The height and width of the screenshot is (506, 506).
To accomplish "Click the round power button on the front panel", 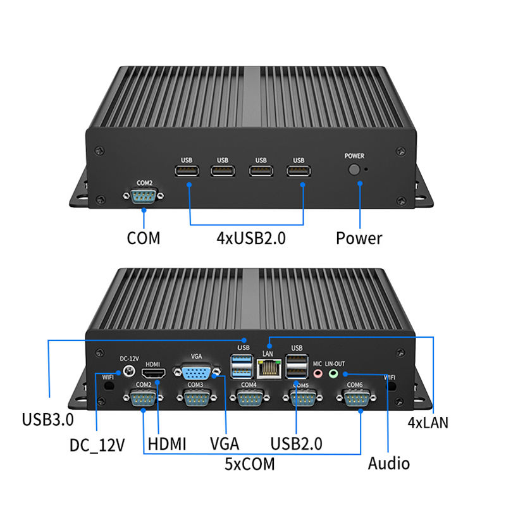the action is pos(354,170).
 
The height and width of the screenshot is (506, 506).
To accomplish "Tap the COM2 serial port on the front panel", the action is pos(144,195).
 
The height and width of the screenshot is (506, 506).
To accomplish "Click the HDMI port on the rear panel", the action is pos(154,373).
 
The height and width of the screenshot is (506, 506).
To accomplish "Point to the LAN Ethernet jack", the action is pos(268,368).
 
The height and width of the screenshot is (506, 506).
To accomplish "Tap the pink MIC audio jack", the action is pos(318,374).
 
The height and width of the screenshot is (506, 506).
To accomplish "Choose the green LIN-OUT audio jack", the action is pos(333,374).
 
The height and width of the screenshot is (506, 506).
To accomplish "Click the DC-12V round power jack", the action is pos(129,371).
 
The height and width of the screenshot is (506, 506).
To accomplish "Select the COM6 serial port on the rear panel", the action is pos(356,398).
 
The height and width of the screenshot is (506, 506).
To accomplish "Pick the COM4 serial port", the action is pos(249,398).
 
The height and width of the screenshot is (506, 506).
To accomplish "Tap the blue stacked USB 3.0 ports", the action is pos(242,366).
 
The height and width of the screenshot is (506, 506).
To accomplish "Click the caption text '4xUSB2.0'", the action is pos(250,238).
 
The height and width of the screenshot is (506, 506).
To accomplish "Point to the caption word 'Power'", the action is pos(359,238).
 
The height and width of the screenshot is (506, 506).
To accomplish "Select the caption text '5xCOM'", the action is pos(249,464).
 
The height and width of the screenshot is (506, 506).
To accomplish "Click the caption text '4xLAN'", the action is pos(428,423).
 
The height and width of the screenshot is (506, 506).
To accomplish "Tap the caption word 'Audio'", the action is pos(389,464).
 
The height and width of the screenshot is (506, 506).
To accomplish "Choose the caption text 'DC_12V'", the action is pos(97,445).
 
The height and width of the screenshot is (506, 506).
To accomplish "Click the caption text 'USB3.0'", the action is pos(48,419).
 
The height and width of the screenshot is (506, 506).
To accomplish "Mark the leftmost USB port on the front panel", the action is pos(187,171).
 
